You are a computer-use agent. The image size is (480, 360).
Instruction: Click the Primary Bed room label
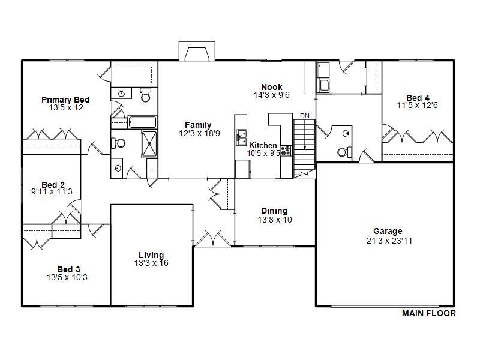pos(66,100)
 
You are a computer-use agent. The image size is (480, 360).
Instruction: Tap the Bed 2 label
pos(53,184)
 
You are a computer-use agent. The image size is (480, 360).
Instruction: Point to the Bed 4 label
pos(418,98)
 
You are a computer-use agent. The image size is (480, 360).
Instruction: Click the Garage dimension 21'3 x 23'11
pos(388,241)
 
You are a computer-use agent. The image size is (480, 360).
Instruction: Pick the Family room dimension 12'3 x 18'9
pos(198,133)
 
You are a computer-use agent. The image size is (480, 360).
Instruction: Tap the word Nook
pos(271,87)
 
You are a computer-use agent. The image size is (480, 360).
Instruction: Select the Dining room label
pos(274,211)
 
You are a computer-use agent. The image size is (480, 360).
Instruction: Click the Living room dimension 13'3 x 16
pos(151,263)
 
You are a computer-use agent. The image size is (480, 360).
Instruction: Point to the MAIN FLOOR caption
pos(428,313)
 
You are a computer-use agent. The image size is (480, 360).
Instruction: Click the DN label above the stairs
pos(305,116)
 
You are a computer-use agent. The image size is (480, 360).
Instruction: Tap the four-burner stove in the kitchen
pos(286,150)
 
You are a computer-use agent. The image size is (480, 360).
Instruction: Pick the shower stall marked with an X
pos(148,143)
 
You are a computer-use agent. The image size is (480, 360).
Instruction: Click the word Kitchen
pos(263,146)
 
